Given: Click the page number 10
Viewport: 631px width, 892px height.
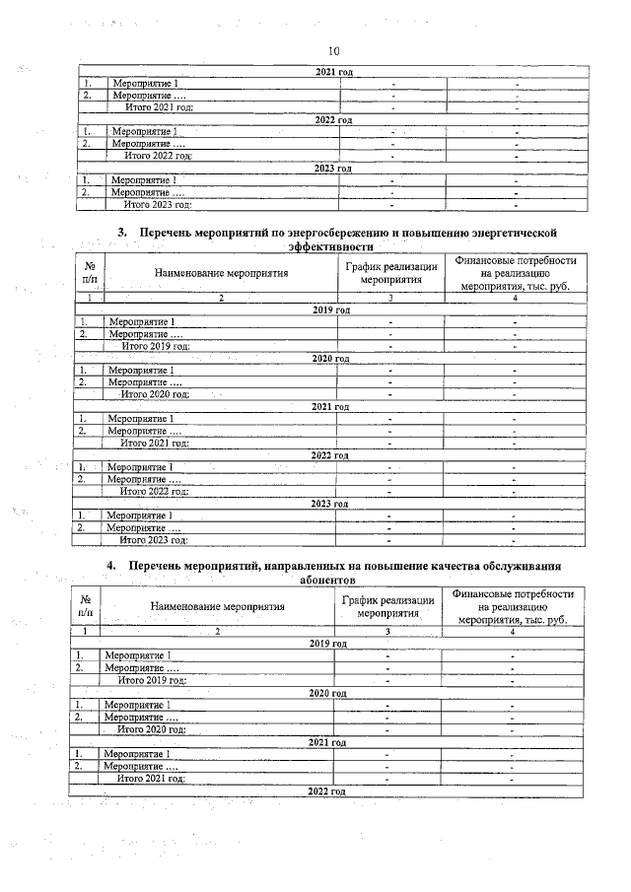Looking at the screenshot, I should click(x=332, y=51).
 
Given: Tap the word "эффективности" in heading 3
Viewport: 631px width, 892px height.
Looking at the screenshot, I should click(x=330, y=246).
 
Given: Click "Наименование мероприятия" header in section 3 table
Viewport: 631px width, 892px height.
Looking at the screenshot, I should click(x=221, y=273).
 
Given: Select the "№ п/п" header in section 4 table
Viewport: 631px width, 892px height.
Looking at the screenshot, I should click(x=84, y=605).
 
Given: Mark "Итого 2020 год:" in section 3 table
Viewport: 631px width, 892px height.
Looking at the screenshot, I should click(x=154, y=394).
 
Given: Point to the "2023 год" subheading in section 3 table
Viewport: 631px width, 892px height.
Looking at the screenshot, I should click(x=329, y=504).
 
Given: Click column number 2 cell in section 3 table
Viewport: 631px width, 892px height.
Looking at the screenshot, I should click(x=221, y=298).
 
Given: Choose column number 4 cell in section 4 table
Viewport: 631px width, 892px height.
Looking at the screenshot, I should click(x=512, y=631).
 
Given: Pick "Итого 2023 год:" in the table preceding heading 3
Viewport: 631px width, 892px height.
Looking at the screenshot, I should click(x=157, y=205).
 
